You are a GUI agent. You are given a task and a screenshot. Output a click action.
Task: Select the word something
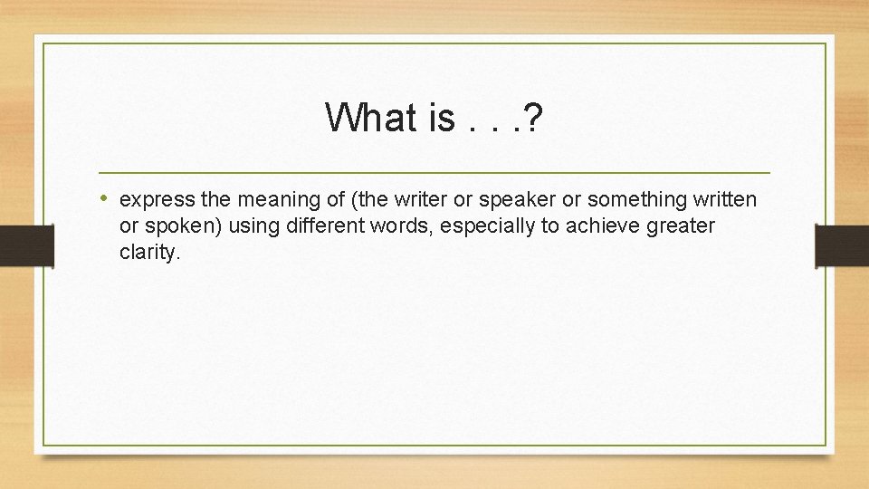[x=631, y=198]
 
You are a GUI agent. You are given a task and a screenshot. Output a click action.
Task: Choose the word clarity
[x=149, y=253]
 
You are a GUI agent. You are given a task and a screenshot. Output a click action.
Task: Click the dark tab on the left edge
[x=26, y=245]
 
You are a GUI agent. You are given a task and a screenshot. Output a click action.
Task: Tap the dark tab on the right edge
[x=842, y=245]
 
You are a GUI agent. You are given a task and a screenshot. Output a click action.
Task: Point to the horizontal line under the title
[x=434, y=172]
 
